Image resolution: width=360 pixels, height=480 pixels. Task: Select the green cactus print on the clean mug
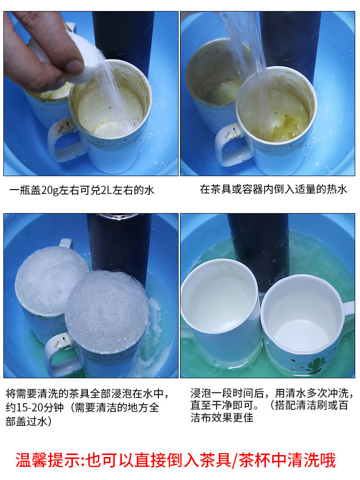pos(316,366)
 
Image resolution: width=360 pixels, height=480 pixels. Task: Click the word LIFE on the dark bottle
pos(277,277)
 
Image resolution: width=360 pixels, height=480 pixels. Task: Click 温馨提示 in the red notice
pos(48,460)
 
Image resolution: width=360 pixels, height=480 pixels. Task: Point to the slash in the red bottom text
pos(235,460)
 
